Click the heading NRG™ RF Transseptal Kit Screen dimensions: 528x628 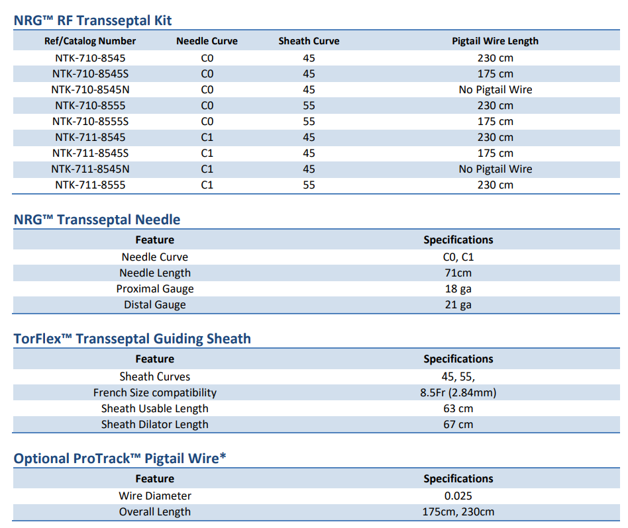click(93, 21)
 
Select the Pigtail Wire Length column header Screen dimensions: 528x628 click(495, 41)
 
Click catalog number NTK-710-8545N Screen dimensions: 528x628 click(90, 89)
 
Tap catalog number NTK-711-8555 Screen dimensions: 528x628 click(90, 185)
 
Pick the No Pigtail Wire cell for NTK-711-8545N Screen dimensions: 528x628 click(495, 169)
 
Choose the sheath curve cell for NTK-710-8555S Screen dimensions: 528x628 click(309, 121)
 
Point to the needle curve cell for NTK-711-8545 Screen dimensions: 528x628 click(207, 137)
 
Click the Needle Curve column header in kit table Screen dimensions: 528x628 click(207, 41)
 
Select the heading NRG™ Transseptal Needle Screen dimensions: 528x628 click(97, 220)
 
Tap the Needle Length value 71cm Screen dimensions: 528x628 click(458, 273)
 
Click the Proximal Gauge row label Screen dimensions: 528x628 click(155, 288)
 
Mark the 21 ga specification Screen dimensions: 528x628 click(458, 304)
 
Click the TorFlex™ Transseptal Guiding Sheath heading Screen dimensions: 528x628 click(132, 339)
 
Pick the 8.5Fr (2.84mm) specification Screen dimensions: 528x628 click(458, 392)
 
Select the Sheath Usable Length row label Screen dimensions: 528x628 click(155, 408)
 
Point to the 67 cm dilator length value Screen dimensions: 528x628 click(458, 424)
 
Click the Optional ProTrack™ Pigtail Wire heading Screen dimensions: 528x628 click(120, 459)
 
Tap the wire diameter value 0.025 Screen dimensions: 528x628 click(458, 496)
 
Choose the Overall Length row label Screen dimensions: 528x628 click(155, 511)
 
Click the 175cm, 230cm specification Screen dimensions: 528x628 click(458, 511)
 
